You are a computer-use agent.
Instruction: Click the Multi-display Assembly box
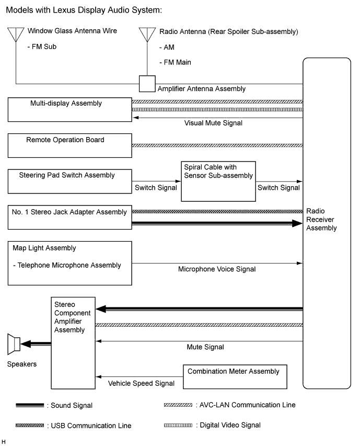[69, 109]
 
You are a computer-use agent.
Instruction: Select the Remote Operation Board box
[69, 145]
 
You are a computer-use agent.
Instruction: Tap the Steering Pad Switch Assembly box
[69, 181]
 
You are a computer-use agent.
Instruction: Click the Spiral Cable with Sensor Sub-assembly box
[218, 181]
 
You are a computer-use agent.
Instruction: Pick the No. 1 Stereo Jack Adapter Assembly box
[69, 217]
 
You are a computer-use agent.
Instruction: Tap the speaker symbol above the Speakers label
[14, 344]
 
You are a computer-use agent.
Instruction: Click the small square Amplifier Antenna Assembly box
[147, 83]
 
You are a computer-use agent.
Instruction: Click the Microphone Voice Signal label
[217, 269]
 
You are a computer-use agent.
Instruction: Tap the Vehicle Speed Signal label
[141, 383]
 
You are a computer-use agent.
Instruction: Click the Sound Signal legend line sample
[29, 405]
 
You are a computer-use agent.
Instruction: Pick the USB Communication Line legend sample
[29, 426]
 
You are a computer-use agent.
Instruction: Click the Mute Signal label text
[205, 347]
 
